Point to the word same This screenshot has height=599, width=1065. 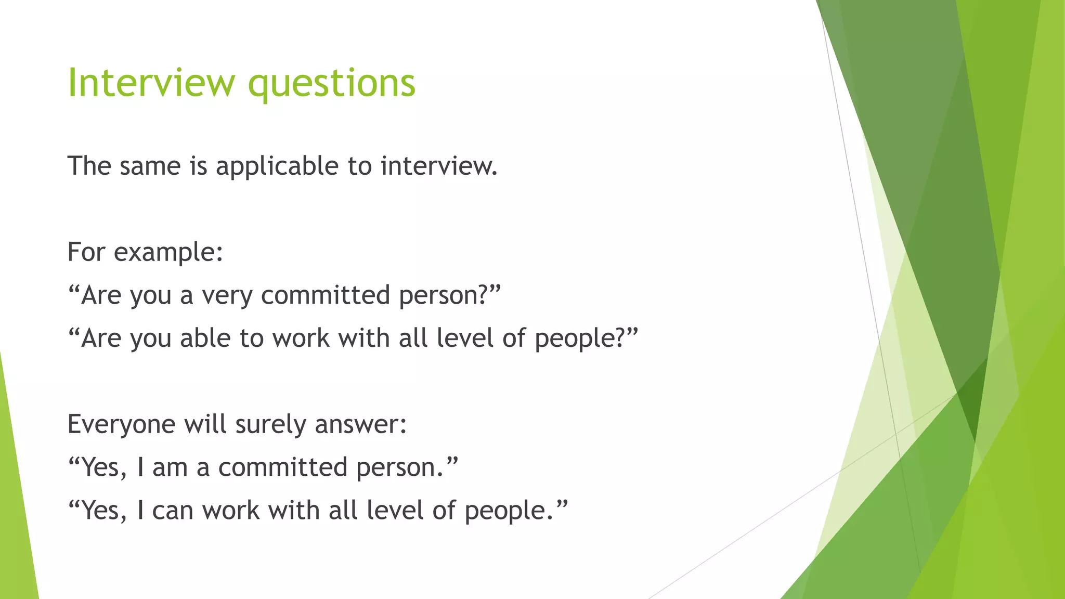[150, 166]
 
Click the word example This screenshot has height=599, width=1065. [168, 253]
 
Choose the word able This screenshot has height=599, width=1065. [205, 338]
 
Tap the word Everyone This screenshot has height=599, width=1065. [122, 424]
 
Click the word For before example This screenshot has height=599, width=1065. [86, 253]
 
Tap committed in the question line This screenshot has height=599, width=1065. [326, 295]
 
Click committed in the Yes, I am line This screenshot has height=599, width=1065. [282, 467]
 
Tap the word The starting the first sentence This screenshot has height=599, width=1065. [89, 166]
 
